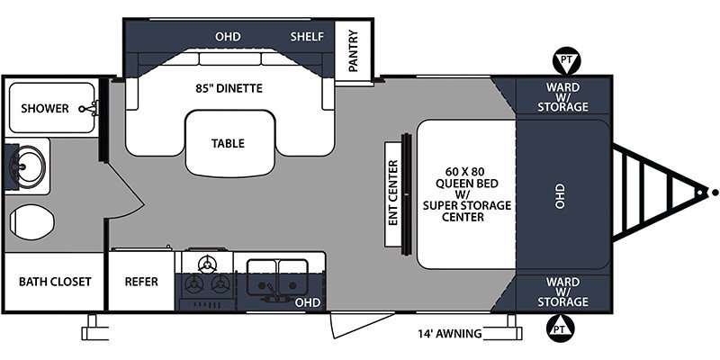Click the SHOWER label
(45, 108)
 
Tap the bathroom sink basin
(29, 166)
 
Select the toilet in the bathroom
(31, 221)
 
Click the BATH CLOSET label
(55, 282)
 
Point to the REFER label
(141, 282)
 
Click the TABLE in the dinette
(229, 143)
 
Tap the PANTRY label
(353, 50)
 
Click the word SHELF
(307, 37)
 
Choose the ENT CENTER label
(392, 193)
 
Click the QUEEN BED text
(466, 184)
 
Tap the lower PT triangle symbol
(561, 328)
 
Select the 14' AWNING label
(450, 333)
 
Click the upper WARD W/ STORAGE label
(563, 97)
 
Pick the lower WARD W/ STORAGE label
(563, 292)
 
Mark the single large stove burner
(207, 264)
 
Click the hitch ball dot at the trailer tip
(715, 193)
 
